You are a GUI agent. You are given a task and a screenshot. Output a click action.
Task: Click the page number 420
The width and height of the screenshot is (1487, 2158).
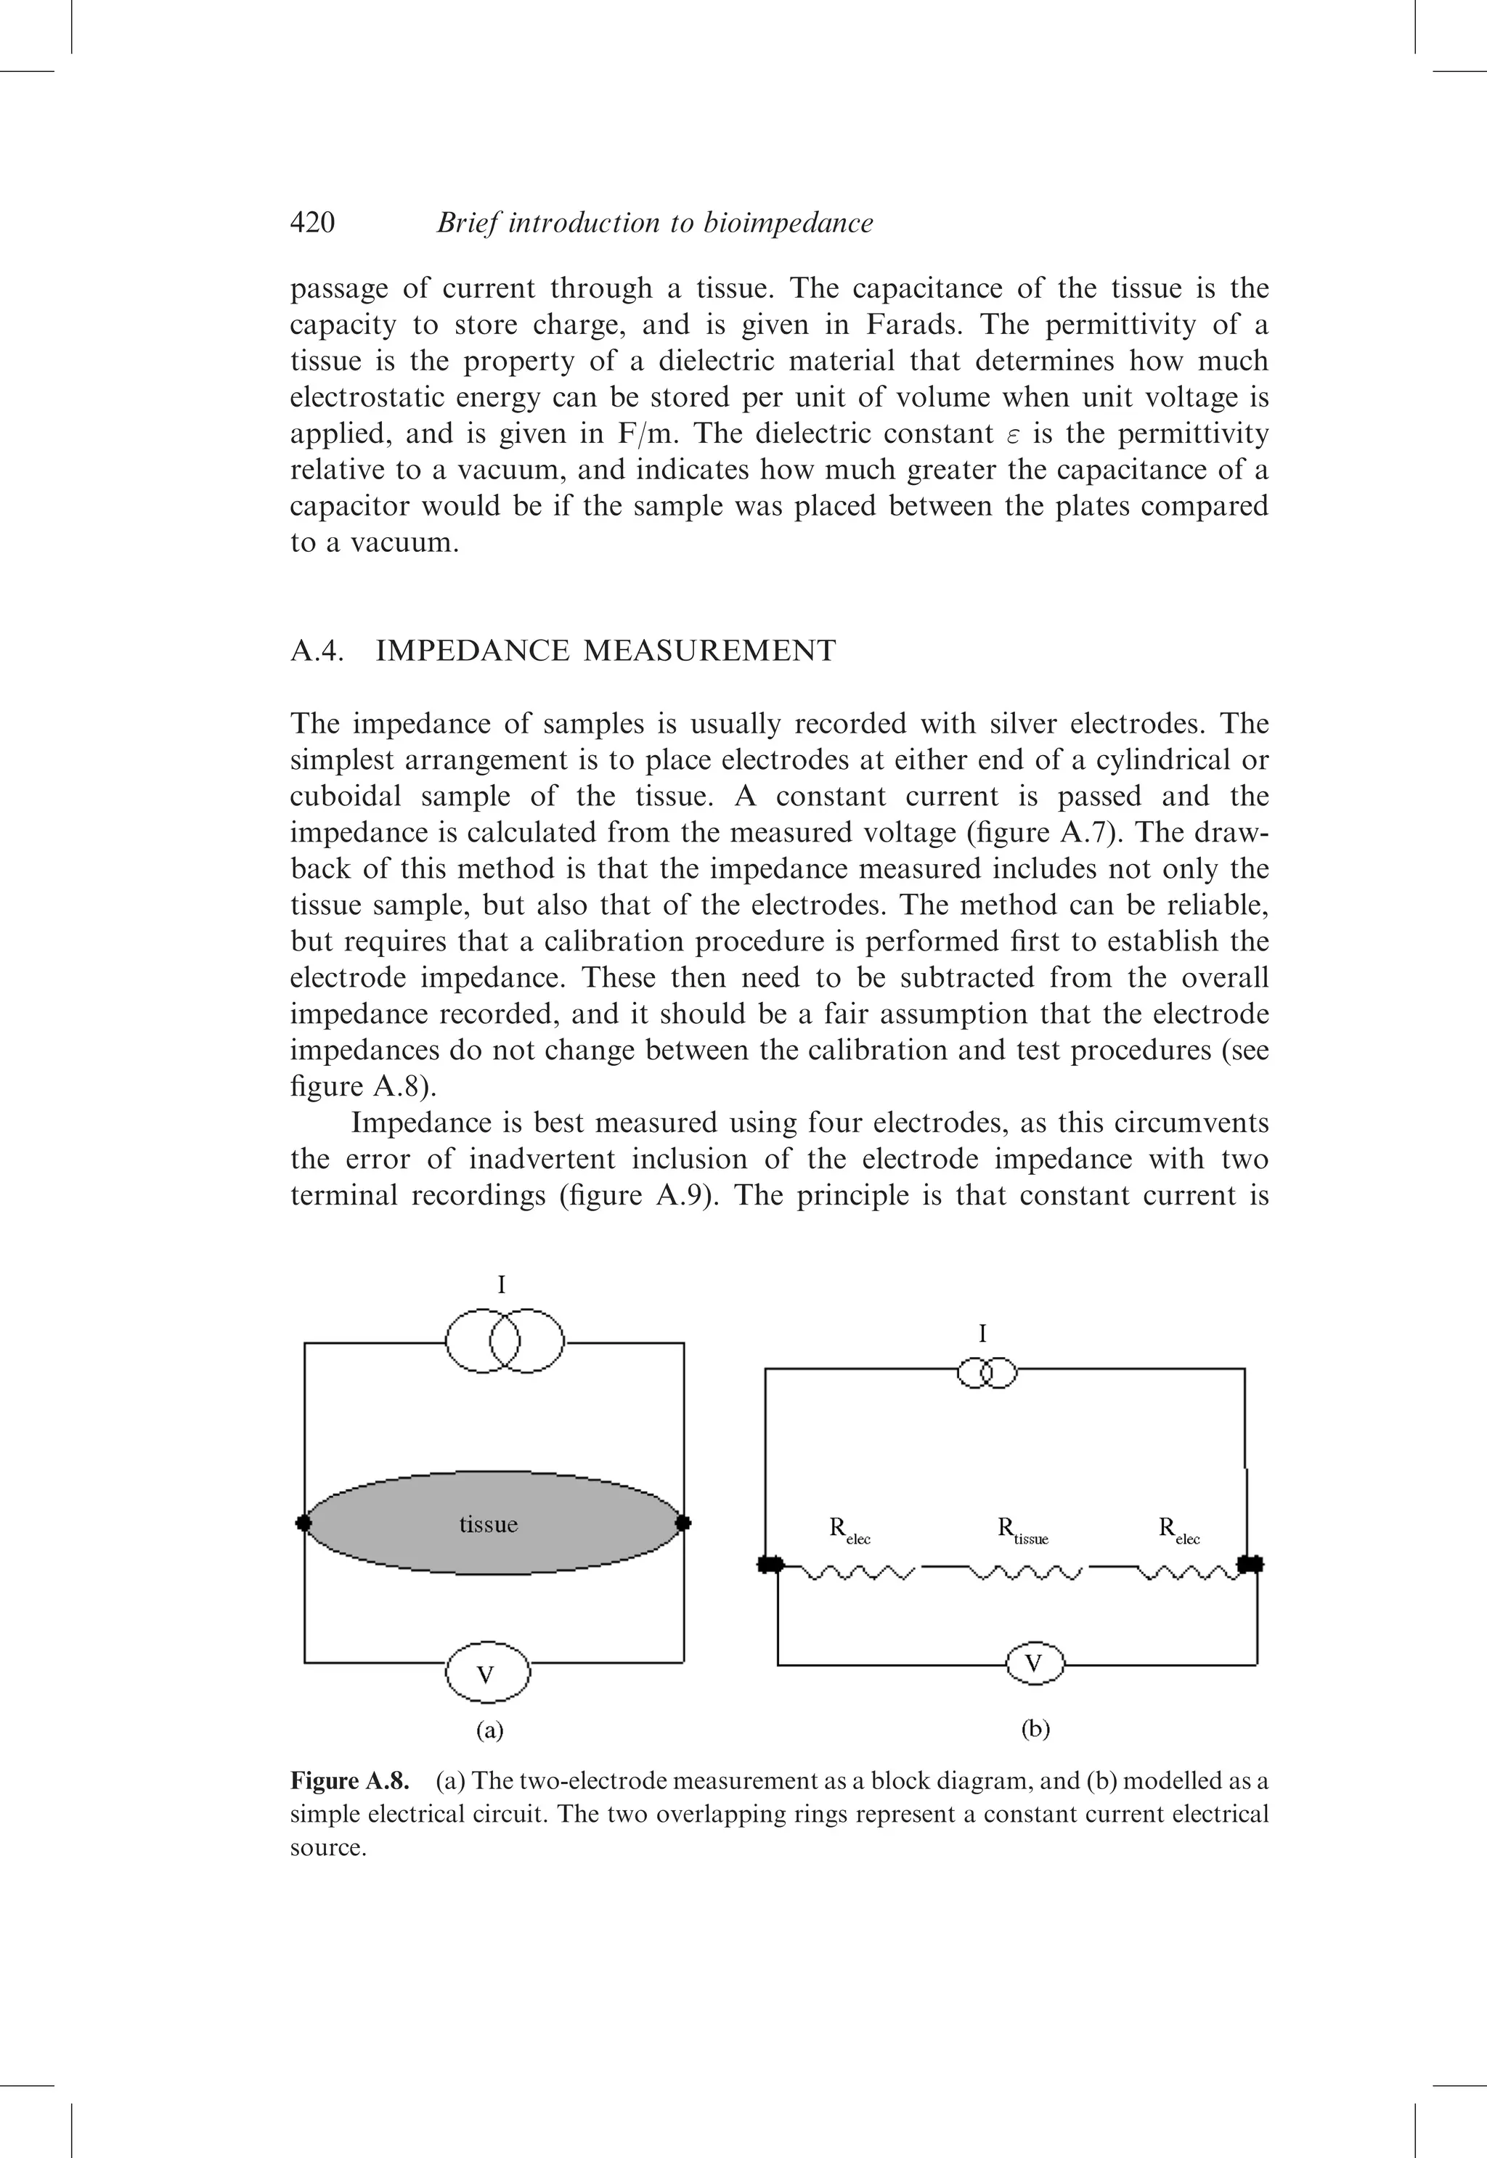312,223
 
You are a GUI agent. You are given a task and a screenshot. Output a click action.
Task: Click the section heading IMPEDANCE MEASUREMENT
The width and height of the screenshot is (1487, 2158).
605,651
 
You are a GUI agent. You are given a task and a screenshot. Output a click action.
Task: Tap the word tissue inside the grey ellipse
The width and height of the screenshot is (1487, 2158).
488,1524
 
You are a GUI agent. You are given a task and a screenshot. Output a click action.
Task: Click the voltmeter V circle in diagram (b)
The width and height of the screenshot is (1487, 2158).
1034,1664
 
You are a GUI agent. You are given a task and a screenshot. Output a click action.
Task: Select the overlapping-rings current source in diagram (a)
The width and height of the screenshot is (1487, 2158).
504,1342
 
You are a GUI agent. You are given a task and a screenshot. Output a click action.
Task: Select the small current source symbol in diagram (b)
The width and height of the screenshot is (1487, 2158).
987,1375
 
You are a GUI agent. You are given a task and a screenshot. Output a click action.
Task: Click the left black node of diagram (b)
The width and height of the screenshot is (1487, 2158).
770,1565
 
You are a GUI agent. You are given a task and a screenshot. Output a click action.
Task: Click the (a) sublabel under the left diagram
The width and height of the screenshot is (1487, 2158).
489,1730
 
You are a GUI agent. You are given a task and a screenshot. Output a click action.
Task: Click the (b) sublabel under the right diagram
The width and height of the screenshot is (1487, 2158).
1035,1730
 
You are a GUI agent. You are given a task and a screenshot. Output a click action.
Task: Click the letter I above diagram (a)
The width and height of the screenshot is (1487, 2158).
501,1286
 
